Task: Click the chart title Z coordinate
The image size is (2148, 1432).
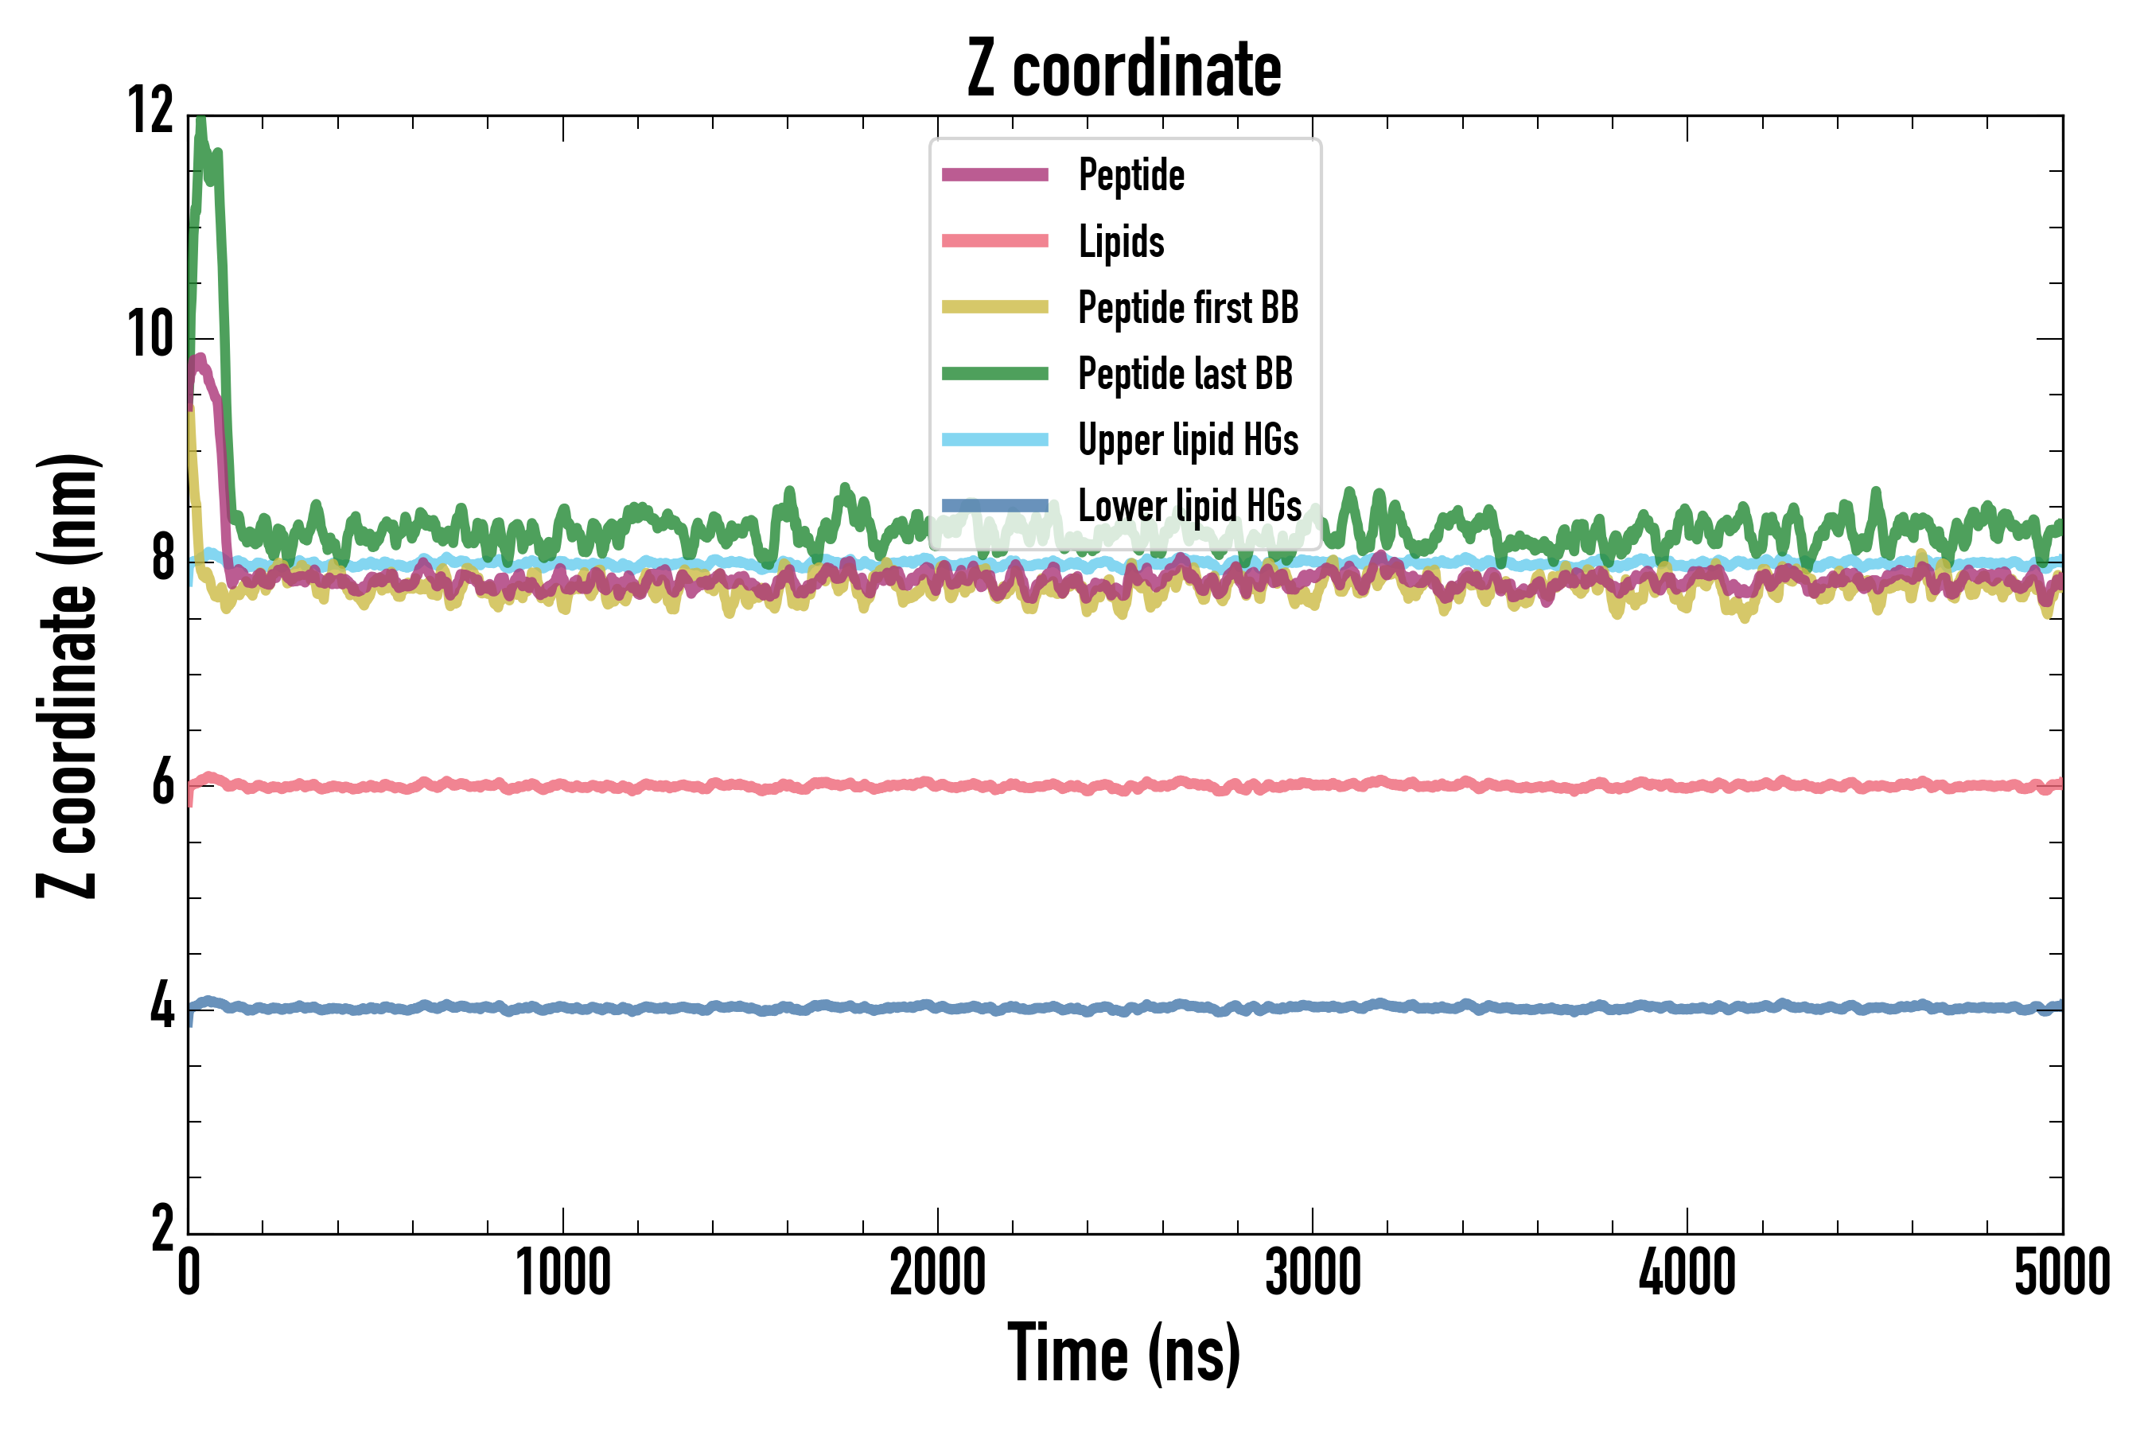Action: tap(1124, 69)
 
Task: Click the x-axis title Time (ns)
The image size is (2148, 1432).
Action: tap(1124, 1353)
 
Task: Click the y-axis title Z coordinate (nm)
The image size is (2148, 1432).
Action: tap(68, 675)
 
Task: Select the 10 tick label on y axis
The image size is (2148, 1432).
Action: tap(150, 334)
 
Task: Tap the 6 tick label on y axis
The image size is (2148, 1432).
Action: tap(162, 784)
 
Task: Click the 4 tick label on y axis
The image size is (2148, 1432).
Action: tap(162, 1006)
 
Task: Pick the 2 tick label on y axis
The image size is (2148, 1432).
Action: tap(162, 1229)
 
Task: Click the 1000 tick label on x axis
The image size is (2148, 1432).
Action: tap(562, 1272)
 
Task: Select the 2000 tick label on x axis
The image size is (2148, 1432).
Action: tap(937, 1272)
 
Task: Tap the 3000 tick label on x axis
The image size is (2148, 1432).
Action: tap(1313, 1272)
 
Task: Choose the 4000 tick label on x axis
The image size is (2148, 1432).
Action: tap(1687, 1272)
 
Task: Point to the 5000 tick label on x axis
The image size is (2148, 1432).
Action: tap(2062, 1272)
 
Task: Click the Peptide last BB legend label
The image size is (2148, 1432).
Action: tap(1185, 374)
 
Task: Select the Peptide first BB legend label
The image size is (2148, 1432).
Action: tap(1188, 308)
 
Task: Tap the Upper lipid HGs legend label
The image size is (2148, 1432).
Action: tap(1188, 440)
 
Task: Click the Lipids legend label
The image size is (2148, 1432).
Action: tap(1122, 242)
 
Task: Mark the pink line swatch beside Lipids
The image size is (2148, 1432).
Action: tap(994, 241)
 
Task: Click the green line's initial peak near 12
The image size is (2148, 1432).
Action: tap(200, 122)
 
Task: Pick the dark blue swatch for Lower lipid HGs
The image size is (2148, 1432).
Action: tap(994, 505)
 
